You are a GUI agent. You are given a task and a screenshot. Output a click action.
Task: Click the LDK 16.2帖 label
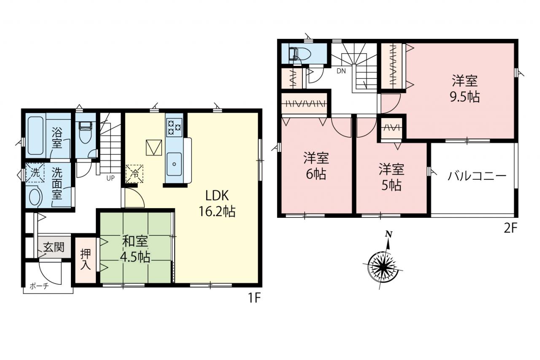click(x=217, y=203)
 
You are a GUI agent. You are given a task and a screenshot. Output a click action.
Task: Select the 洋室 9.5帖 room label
click(x=465, y=89)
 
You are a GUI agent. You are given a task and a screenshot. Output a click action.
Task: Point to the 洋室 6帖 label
click(x=316, y=166)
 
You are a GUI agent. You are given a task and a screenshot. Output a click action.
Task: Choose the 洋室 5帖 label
click(x=391, y=177)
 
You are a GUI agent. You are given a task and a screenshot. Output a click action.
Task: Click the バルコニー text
click(x=477, y=176)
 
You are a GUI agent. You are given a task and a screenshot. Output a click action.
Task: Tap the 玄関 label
click(x=54, y=247)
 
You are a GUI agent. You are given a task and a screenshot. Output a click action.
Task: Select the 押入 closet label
click(x=86, y=259)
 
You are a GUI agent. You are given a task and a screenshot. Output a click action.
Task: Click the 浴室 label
click(x=57, y=138)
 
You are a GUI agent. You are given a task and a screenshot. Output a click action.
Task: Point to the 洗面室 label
click(x=57, y=183)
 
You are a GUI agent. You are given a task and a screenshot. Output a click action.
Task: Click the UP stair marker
click(x=111, y=178)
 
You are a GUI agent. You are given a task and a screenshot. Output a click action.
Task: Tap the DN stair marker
click(x=341, y=71)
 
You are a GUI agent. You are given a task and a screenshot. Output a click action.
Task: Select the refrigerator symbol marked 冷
click(x=134, y=174)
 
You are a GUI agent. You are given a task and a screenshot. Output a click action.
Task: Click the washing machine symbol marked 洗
click(x=35, y=173)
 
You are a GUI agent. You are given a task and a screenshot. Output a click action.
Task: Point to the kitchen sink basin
click(x=174, y=164)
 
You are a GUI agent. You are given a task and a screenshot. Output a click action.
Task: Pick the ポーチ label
click(x=39, y=286)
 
